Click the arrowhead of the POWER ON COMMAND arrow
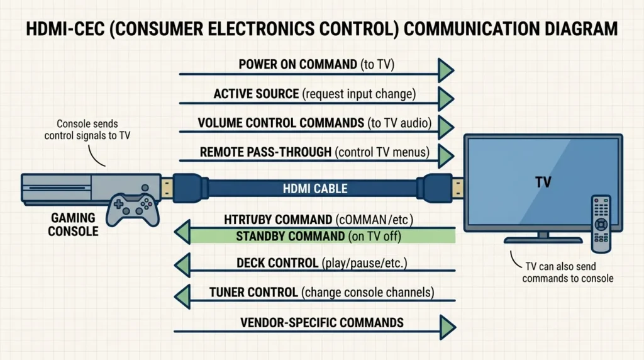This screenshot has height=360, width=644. tap(446, 70)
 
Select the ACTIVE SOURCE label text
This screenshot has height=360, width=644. tap(256, 94)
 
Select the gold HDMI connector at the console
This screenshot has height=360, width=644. tap(166, 187)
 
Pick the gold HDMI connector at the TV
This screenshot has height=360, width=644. tap(457, 187)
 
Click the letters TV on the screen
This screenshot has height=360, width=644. tap(543, 183)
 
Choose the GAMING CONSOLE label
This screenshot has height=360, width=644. tap(74, 224)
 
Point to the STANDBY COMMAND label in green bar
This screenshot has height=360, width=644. tap(289, 237)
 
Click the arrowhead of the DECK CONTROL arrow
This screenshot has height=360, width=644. tap(182, 263)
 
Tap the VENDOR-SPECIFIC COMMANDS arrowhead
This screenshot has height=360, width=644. tap(446, 325)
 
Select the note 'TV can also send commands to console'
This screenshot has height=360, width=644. tap(567, 273)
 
